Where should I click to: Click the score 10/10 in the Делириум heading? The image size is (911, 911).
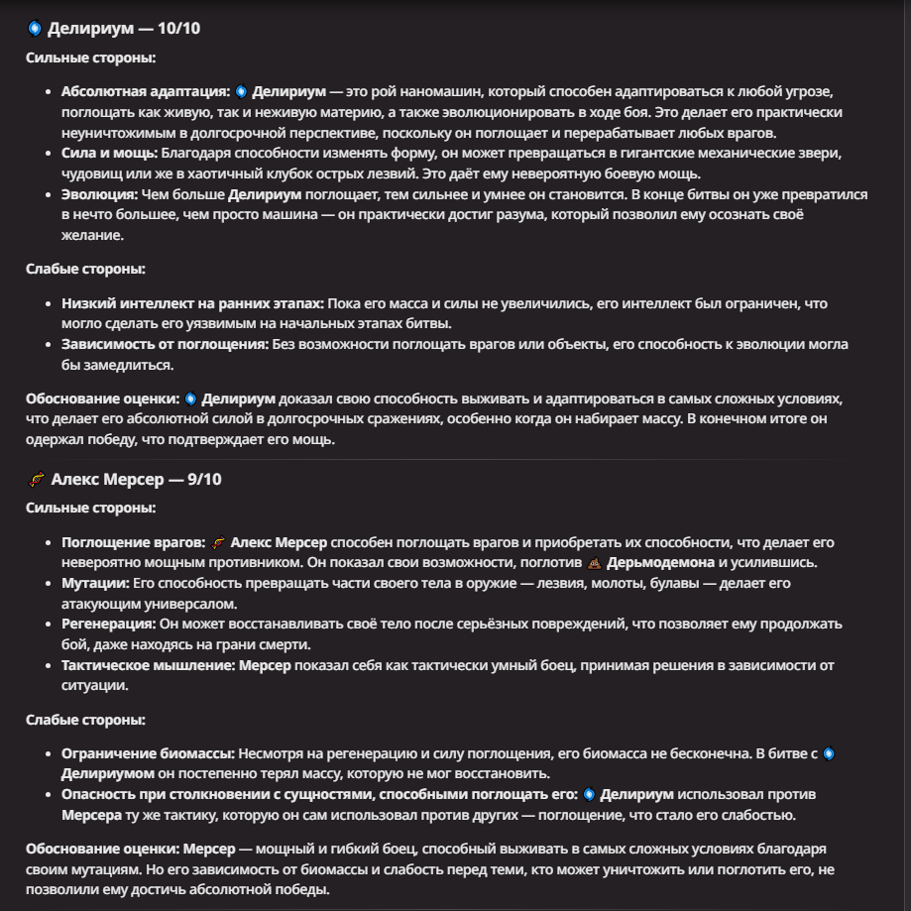[178, 28]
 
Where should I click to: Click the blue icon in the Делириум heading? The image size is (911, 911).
[35, 29]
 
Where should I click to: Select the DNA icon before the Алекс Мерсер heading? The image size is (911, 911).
[36, 480]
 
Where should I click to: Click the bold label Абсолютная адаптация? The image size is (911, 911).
[145, 91]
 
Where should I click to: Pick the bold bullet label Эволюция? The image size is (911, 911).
[100, 194]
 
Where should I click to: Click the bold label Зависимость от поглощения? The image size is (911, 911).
[165, 344]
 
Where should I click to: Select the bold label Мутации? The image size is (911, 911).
[95, 583]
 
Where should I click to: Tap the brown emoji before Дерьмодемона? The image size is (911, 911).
[594, 562]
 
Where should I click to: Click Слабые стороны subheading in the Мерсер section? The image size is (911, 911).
[85, 720]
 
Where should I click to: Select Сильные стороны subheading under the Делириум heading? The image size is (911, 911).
[90, 57]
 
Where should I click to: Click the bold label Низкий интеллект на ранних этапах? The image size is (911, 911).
[192, 302]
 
